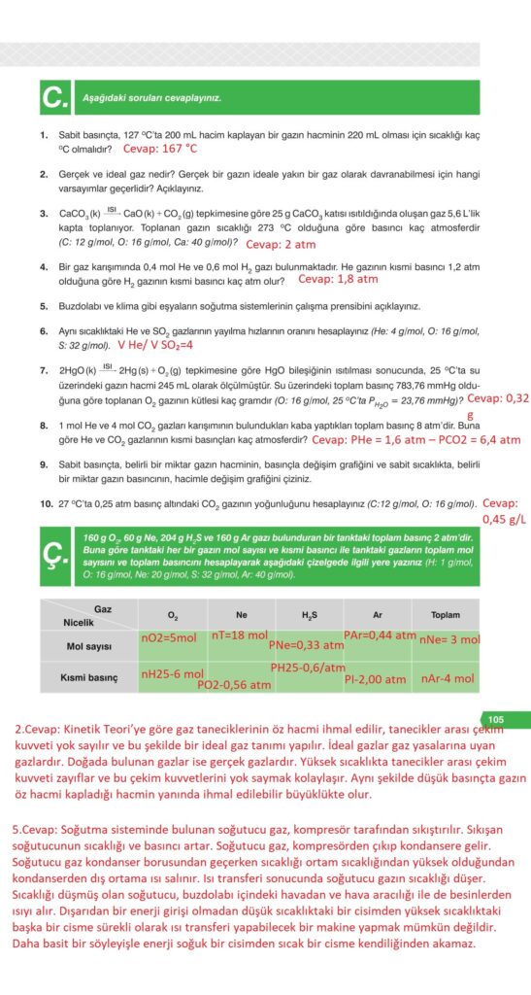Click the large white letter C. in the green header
(x=54, y=97)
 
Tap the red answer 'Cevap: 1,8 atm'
(x=338, y=279)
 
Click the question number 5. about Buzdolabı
(x=45, y=306)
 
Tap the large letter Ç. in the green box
(x=56, y=554)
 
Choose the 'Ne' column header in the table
(x=241, y=615)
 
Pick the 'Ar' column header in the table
(x=377, y=615)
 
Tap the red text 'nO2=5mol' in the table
(x=169, y=639)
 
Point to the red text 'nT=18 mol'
(x=239, y=634)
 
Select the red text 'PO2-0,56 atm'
(x=233, y=684)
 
